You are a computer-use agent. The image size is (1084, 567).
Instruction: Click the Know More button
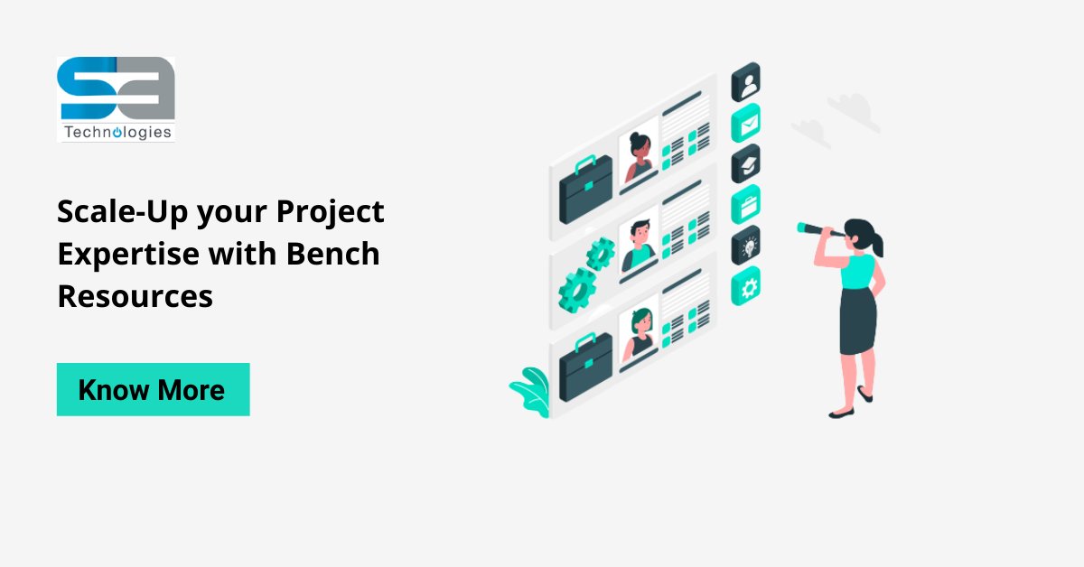(153, 389)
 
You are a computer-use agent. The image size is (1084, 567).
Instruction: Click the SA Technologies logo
(116, 98)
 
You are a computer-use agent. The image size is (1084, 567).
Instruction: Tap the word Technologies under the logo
(117, 132)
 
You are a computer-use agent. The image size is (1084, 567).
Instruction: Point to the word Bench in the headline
(333, 254)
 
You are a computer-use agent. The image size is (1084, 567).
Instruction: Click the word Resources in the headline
(135, 295)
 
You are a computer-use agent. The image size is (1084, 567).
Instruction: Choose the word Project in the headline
(330, 212)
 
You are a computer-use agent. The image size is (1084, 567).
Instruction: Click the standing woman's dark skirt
(857, 321)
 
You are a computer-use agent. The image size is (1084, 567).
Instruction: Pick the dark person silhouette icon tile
(746, 83)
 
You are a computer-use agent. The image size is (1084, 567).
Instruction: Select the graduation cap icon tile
(746, 163)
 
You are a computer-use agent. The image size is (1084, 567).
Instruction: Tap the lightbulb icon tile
(746, 245)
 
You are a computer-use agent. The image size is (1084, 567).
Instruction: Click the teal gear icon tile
(746, 285)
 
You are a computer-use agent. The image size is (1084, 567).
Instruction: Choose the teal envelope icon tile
(746, 124)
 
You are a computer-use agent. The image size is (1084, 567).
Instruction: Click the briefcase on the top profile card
(585, 190)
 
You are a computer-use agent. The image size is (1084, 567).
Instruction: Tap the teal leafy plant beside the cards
(530, 389)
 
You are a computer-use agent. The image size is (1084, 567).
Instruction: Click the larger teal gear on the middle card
(576, 289)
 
